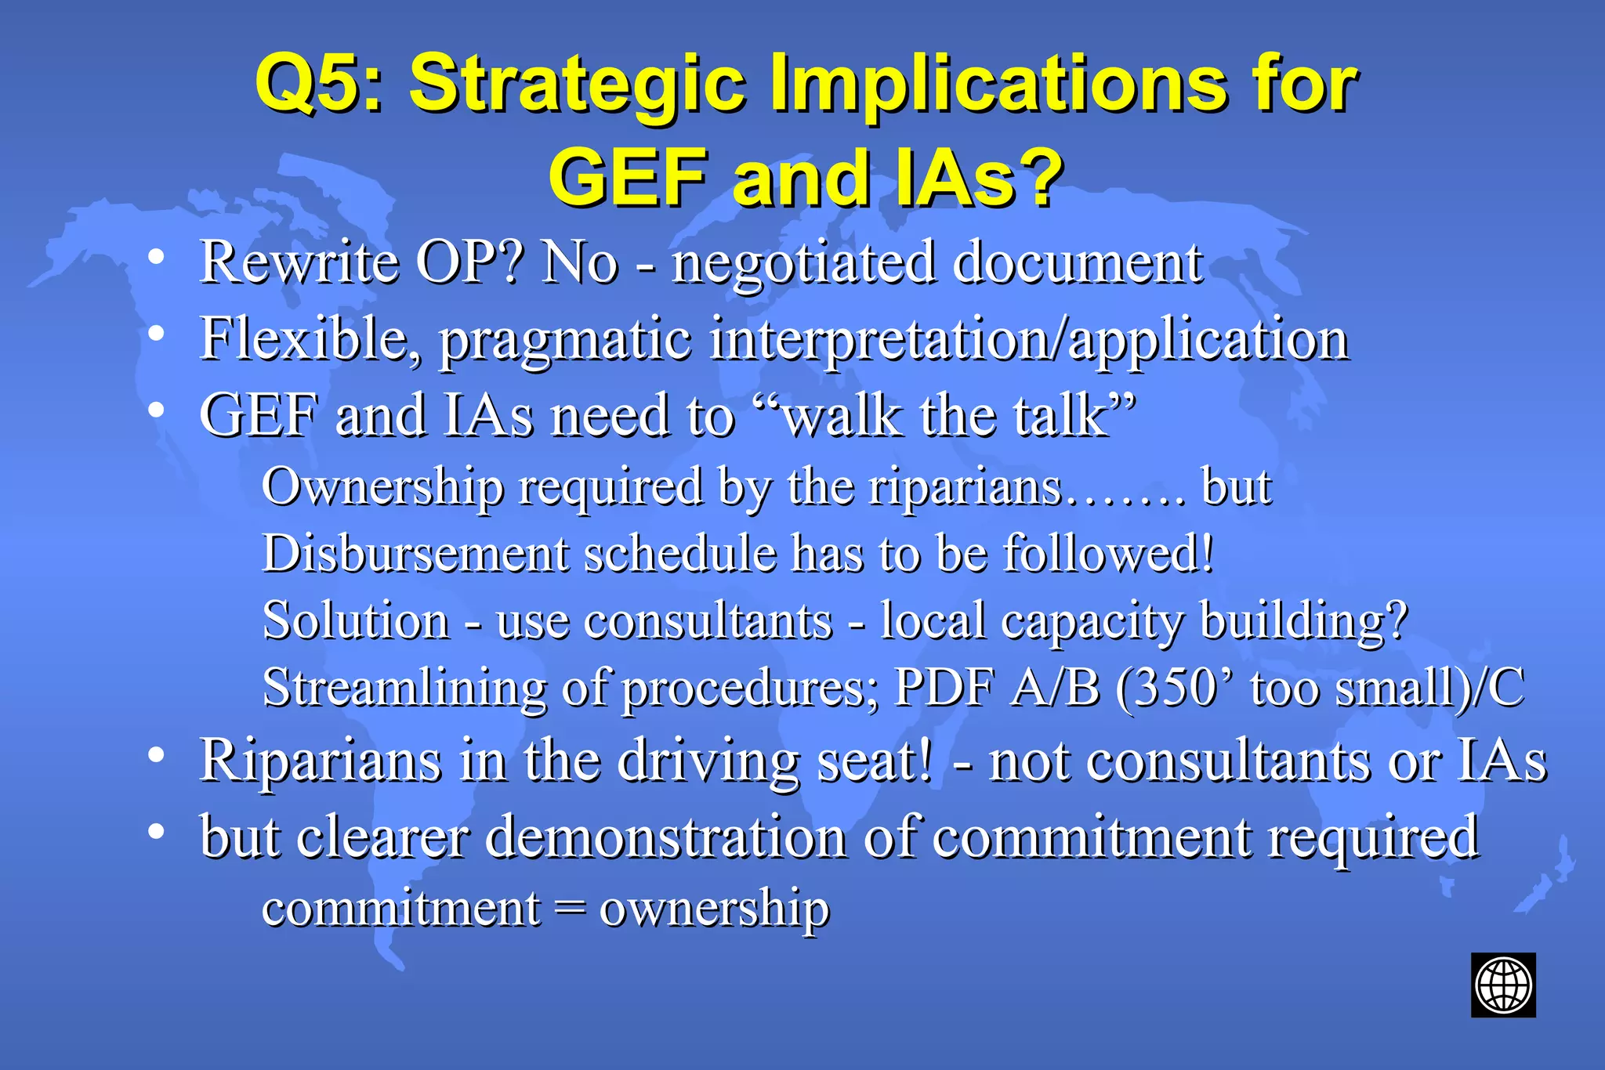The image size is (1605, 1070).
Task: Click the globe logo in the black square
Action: tap(1502, 985)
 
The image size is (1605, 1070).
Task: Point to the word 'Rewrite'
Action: tap(299, 262)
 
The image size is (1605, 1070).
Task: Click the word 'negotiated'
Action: tap(803, 263)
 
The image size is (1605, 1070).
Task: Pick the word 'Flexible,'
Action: tap(311, 338)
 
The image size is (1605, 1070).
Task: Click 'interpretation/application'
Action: tap(1029, 340)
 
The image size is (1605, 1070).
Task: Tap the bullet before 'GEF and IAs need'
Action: tap(157, 410)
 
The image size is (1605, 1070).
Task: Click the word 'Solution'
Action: tap(356, 620)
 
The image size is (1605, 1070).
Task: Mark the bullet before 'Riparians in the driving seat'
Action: tap(157, 754)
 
